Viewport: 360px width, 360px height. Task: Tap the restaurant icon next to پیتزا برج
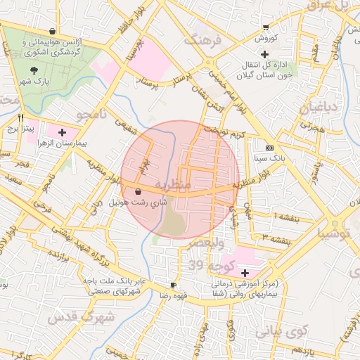pos(21,117)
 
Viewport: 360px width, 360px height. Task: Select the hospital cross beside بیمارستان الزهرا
pos(62,131)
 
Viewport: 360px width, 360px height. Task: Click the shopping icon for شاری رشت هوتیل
pos(136,191)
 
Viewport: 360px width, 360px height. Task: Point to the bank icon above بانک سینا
pos(270,148)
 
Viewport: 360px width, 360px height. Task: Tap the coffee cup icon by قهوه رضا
pos(173,285)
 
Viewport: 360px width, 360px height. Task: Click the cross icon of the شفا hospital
pos(245,273)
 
